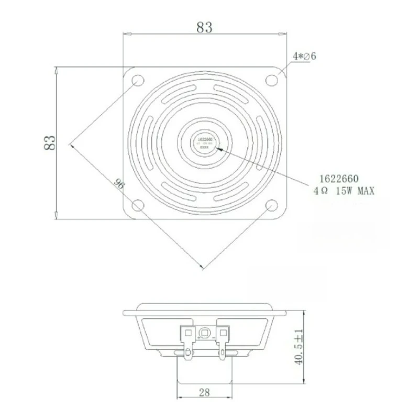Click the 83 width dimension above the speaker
click(204, 28)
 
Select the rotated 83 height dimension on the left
click(49, 142)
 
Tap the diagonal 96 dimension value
click(119, 183)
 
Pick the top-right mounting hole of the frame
click(271, 80)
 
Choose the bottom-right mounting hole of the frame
click(271, 205)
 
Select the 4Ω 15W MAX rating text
click(344, 191)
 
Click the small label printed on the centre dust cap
click(205, 142)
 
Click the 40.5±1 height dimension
click(299, 348)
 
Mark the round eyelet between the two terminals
click(205, 332)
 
